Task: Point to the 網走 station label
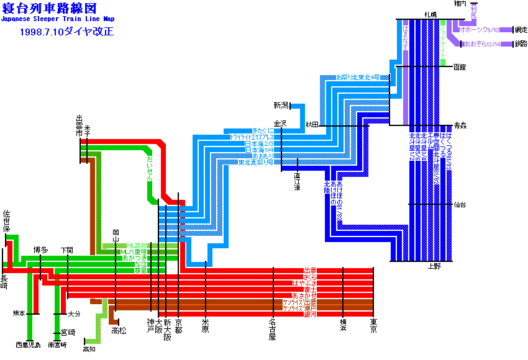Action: (x=521, y=29)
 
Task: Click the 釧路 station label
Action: (x=521, y=44)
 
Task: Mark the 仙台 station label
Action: (x=460, y=204)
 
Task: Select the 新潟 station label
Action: (x=281, y=105)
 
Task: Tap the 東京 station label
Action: (x=373, y=326)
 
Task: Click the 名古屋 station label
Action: (x=273, y=330)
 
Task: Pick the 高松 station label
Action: (x=119, y=331)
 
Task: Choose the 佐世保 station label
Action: (x=7, y=220)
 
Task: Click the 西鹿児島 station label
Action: (x=28, y=344)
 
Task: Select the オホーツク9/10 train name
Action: (x=479, y=29)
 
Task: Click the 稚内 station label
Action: (x=460, y=4)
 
